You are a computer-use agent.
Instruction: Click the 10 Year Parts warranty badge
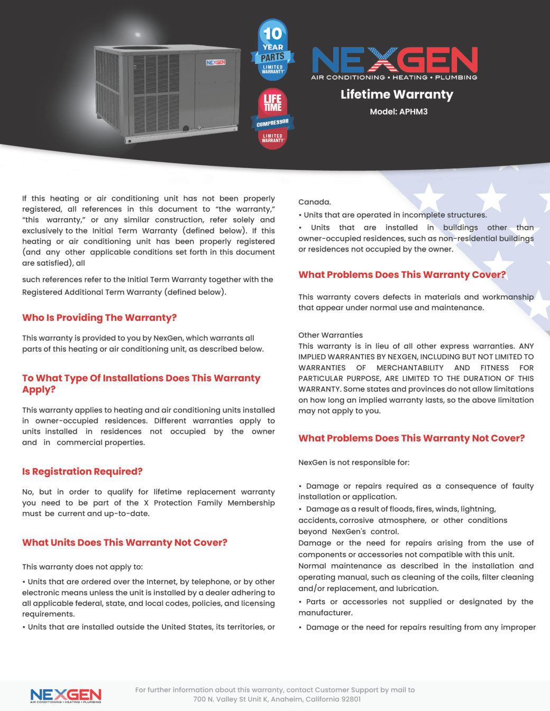pyautogui.click(x=272, y=51)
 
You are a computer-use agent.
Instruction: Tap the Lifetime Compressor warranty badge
pyautogui.click(x=272, y=118)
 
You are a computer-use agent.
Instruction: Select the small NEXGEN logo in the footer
pyautogui.click(x=66, y=696)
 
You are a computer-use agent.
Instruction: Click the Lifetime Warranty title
pyautogui.click(x=397, y=95)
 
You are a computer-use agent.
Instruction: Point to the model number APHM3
pyautogui.click(x=413, y=111)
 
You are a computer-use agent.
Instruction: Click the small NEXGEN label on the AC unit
pyautogui.click(x=216, y=62)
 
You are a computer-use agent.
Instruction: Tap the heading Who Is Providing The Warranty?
pyautogui.click(x=99, y=317)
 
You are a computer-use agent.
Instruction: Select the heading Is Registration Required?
pyautogui.click(x=82, y=471)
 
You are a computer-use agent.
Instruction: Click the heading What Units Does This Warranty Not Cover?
pyautogui.click(x=125, y=542)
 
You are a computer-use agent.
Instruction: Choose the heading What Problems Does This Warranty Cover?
pyautogui.click(x=402, y=275)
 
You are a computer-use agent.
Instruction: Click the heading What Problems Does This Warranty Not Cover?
pyautogui.click(x=411, y=438)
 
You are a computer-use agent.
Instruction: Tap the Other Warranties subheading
pyautogui.click(x=331, y=335)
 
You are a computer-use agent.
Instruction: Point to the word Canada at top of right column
pyautogui.click(x=314, y=202)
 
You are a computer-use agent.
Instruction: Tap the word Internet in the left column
pyautogui.click(x=161, y=582)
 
